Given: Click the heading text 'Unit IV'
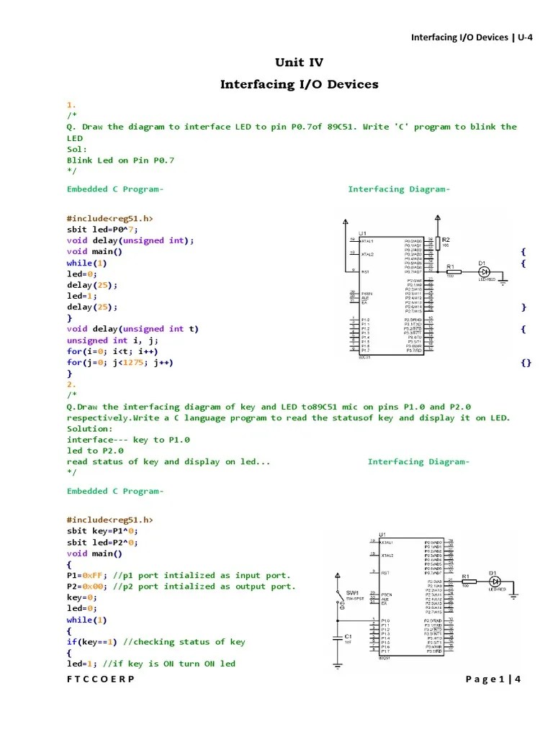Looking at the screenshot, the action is point(299,63).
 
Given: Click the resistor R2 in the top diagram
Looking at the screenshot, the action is point(439,245).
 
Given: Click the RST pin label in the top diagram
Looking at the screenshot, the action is point(365,272).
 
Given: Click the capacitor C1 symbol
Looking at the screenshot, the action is point(338,638).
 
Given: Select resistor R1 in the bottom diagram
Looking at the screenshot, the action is point(465,582).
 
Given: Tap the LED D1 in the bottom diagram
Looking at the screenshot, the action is point(494,582).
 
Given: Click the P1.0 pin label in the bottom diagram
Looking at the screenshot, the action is point(386,620).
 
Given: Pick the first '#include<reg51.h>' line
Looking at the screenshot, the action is point(109,218).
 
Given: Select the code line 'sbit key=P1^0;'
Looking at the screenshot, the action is point(102,531).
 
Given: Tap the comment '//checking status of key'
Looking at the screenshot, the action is point(184,642).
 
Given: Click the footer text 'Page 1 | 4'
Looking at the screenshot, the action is point(493,679).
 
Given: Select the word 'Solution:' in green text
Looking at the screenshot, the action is point(90,429).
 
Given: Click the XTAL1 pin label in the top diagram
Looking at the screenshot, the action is point(368,241).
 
